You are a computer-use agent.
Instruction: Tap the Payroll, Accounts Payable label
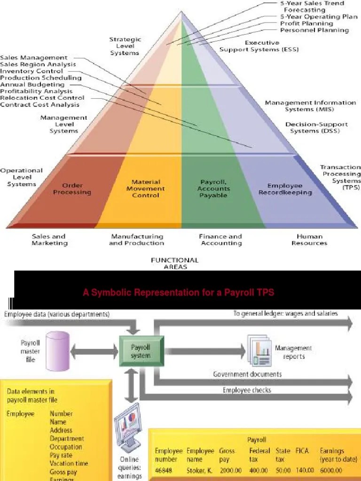(x=214, y=188)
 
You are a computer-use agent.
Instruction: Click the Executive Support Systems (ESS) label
(x=259, y=46)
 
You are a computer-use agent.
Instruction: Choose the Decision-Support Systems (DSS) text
(x=316, y=128)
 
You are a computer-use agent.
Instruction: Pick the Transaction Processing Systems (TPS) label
(x=340, y=177)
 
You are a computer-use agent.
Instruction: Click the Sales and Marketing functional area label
(x=49, y=240)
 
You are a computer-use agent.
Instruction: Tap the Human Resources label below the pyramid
(x=309, y=240)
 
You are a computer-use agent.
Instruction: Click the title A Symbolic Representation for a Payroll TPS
(x=178, y=293)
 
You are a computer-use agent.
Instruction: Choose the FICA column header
(x=302, y=450)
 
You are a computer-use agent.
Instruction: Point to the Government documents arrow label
(x=247, y=374)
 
